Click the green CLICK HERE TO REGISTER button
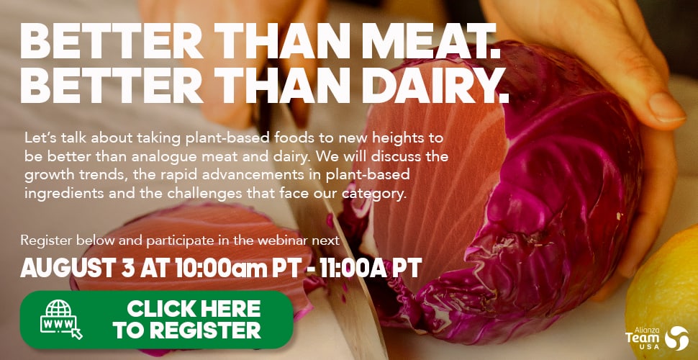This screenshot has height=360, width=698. (x=156, y=319)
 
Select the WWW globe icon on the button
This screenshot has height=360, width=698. (x=61, y=319)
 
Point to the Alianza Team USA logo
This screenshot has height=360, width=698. (x=658, y=336)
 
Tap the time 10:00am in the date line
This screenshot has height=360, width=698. (x=220, y=268)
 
